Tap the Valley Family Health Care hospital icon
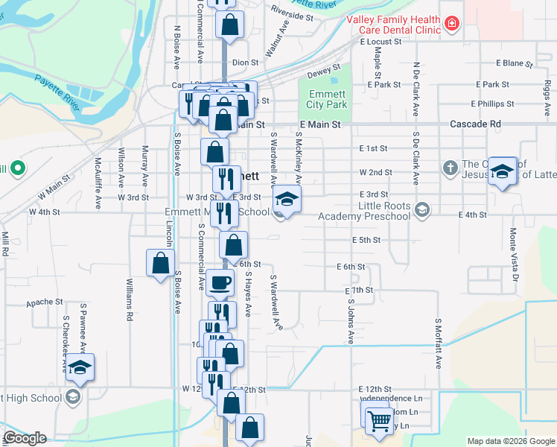click(450, 25)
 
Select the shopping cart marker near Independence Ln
click(379, 420)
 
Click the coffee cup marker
click(220, 283)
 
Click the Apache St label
click(45, 302)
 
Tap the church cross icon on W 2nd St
click(450, 168)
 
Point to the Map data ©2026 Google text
click(510, 441)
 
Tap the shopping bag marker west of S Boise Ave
click(160, 263)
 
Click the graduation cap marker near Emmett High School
click(80, 368)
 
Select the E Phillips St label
click(492, 104)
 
